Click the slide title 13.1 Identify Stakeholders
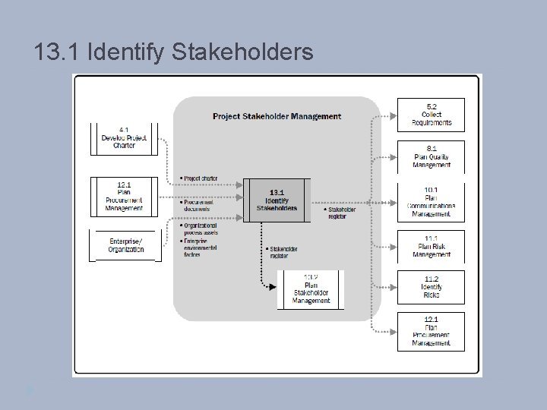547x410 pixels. (173, 52)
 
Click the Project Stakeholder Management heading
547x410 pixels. (277, 116)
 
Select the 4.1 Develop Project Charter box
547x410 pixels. (124, 137)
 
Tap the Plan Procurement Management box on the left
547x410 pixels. (124, 196)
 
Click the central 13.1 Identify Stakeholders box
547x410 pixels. (277, 200)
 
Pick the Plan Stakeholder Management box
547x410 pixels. (311, 289)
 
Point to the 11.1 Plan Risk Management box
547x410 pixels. (431, 246)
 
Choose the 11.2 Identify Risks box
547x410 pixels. (431, 286)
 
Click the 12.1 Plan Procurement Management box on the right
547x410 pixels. (431, 331)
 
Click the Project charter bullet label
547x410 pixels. (199, 178)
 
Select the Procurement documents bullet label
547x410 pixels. (198, 206)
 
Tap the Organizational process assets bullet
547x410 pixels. (199, 229)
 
